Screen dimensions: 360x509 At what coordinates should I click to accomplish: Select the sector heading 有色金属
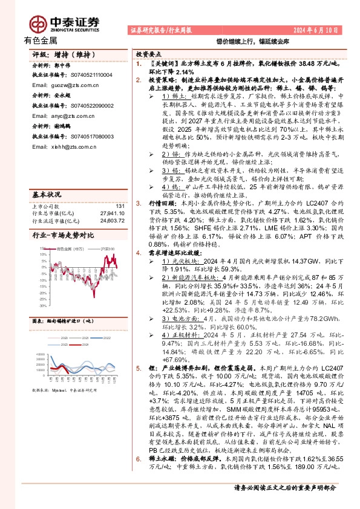(41, 41)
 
